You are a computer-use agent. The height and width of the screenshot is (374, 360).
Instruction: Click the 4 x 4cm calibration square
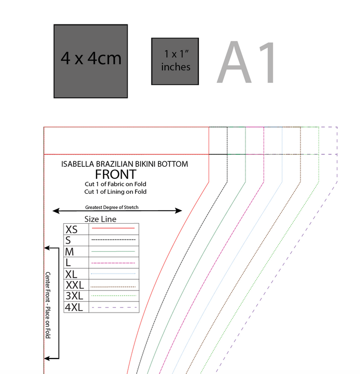pyautogui.click(x=90, y=61)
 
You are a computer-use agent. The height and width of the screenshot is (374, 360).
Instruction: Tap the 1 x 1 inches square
pyautogui.click(x=175, y=61)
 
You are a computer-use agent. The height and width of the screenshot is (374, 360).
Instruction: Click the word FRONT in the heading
pyautogui.click(x=115, y=174)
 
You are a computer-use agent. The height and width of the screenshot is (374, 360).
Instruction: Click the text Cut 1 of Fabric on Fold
pyautogui.click(x=115, y=184)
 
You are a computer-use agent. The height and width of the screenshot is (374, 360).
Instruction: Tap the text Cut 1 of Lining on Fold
pyautogui.click(x=115, y=191)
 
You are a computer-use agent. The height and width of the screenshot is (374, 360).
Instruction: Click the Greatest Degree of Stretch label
pyautogui.click(x=112, y=207)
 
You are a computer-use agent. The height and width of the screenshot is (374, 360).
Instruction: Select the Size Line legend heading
pyautogui.click(x=100, y=219)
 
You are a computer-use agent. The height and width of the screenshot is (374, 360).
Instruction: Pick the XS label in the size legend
pyautogui.click(x=71, y=230)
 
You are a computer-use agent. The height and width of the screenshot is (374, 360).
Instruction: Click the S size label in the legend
pyautogui.click(x=68, y=241)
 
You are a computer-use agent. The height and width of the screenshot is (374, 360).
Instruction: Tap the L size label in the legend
pyautogui.click(x=68, y=263)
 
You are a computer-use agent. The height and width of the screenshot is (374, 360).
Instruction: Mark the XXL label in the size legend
pyautogui.click(x=74, y=285)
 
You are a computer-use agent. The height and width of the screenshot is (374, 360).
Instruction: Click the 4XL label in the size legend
pyautogui.click(x=74, y=307)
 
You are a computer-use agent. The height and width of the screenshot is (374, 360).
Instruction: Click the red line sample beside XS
pyautogui.click(x=113, y=228)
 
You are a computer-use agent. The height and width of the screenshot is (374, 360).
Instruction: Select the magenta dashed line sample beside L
pyautogui.click(x=113, y=263)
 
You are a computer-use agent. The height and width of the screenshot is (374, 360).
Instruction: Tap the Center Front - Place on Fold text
pyautogui.click(x=48, y=305)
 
